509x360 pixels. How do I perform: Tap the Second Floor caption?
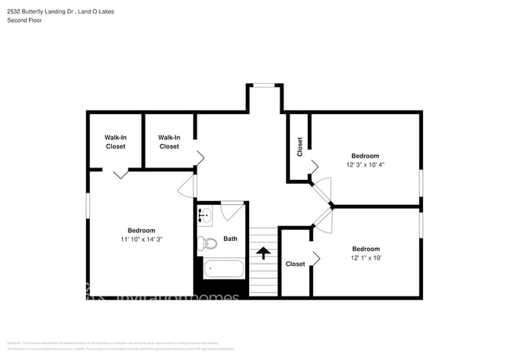click(25, 20)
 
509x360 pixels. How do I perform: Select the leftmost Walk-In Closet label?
click(115, 142)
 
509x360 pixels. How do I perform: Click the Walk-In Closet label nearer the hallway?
click(168, 142)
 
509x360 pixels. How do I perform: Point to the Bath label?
click(230, 239)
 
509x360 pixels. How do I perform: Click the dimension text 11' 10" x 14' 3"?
click(141, 239)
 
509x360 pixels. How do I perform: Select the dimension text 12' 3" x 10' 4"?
click(366, 165)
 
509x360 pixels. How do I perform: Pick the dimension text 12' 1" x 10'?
click(366, 257)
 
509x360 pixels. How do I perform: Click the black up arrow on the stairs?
click(264, 253)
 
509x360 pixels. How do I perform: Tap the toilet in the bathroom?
click(204, 243)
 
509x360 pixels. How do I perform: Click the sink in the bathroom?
click(204, 214)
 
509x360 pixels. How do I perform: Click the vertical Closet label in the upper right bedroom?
click(299, 147)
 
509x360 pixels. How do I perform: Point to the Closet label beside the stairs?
click(295, 265)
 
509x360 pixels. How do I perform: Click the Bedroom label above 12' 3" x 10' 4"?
click(366, 156)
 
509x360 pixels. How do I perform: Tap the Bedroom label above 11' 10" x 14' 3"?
click(141, 230)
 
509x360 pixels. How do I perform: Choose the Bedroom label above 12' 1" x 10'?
click(366, 248)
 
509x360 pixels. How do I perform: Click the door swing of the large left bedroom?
click(186, 186)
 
